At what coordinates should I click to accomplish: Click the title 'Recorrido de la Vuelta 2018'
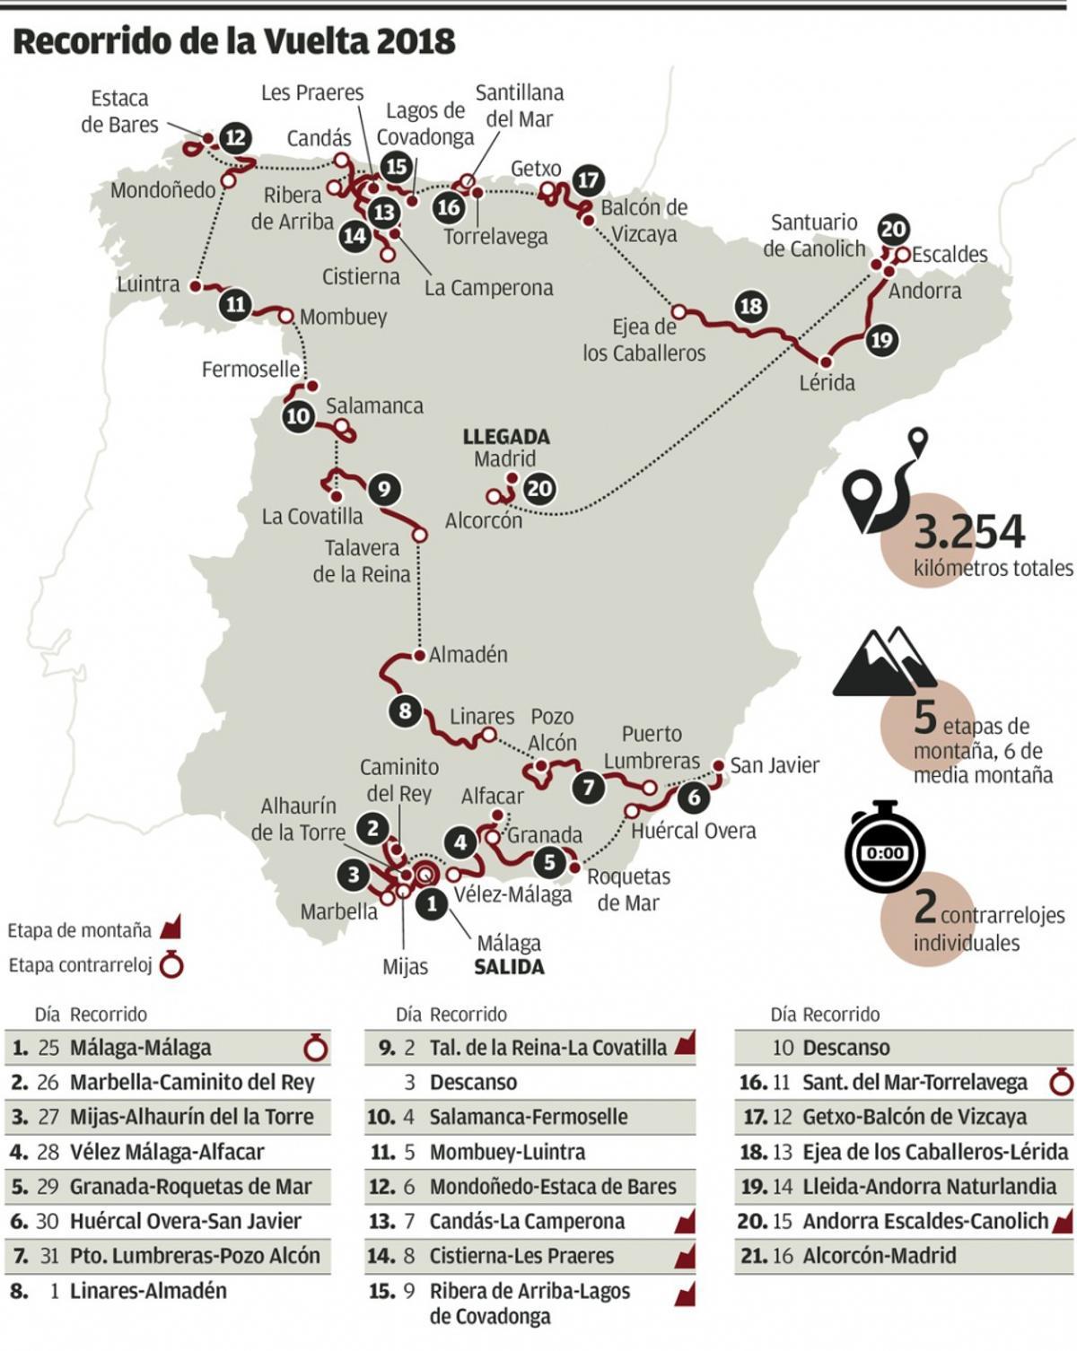(233, 41)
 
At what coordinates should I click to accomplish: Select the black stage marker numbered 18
(750, 306)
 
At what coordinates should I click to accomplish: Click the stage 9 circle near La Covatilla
(383, 489)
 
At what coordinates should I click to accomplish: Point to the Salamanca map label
(374, 405)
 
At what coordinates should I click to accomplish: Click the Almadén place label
(468, 655)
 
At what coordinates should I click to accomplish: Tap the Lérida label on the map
(827, 383)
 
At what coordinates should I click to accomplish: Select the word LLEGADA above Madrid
(506, 437)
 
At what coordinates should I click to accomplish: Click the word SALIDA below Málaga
(509, 967)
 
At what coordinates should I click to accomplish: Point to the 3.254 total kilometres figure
(969, 532)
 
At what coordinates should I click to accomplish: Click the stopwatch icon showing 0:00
(885, 850)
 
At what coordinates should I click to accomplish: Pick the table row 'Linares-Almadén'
(148, 1291)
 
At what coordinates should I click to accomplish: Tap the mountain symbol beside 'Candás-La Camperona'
(685, 1222)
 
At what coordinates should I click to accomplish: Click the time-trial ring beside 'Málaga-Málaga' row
(316, 1048)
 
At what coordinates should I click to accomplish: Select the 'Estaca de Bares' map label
(119, 111)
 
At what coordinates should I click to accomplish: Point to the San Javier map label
(774, 765)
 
